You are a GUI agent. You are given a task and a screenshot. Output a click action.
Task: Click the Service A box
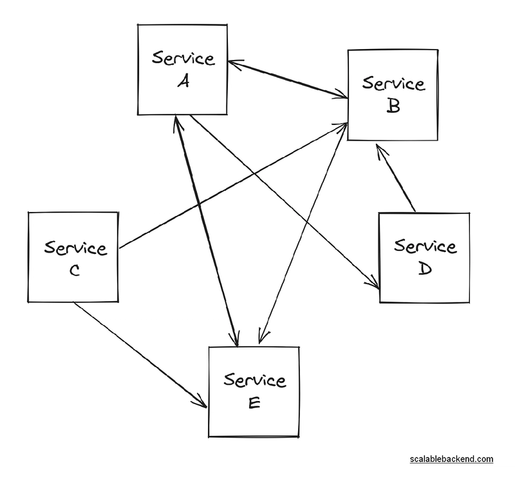(x=183, y=70)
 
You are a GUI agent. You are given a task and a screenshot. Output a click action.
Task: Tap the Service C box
(x=73, y=257)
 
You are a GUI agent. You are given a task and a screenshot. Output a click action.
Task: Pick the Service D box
(x=424, y=257)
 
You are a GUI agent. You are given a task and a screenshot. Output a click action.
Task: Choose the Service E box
(x=254, y=391)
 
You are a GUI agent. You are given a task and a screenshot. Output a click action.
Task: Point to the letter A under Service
(x=183, y=82)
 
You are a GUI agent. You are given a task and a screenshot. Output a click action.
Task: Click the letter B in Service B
(x=393, y=106)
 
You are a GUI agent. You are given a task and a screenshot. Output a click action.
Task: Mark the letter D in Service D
(x=424, y=269)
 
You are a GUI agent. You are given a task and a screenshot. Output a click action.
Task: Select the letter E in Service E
(x=254, y=403)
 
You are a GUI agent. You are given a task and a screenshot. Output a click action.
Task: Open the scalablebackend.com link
(x=451, y=459)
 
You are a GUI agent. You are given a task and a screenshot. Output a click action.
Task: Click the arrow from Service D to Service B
(x=397, y=179)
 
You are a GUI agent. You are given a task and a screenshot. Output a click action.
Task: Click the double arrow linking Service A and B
(x=288, y=80)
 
